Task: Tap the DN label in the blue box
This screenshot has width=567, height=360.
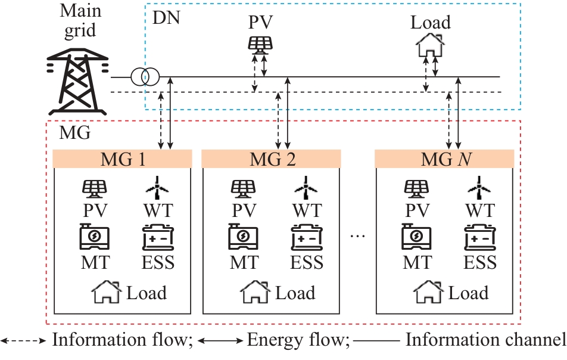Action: point(166,17)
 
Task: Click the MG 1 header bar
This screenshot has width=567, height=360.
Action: point(122,159)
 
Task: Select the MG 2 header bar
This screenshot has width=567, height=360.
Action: point(271,159)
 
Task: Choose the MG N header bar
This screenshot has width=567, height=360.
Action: point(444,159)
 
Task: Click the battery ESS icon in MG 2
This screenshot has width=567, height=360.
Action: point(307,238)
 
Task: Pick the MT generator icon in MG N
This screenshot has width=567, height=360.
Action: point(416,237)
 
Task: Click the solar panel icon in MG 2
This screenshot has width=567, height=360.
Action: point(243,189)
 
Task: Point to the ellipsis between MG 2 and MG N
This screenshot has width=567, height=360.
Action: point(357,237)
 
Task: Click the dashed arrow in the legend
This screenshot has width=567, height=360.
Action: point(24,341)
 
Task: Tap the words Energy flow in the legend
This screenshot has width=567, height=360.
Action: point(297,340)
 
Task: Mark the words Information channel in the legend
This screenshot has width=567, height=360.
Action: point(485,340)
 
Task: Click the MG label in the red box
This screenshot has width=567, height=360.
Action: point(75,132)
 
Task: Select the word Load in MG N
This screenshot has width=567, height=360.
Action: point(468,293)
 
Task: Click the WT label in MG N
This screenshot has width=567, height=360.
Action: point(480,210)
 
